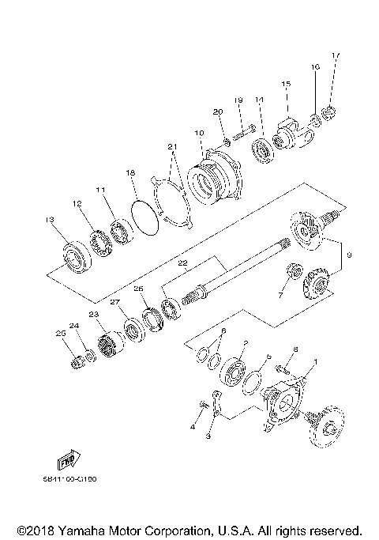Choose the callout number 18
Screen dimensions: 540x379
tap(131, 172)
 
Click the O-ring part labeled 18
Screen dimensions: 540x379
tap(143, 216)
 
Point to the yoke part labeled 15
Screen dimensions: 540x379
tap(290, 133)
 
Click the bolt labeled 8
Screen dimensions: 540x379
tap(283, 365)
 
